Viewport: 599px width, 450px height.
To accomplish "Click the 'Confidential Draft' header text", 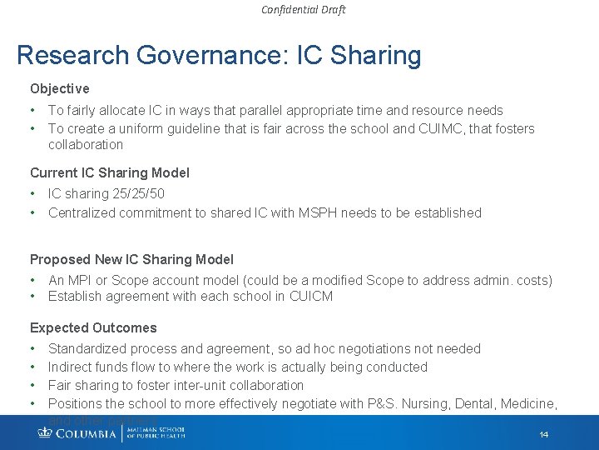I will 303,10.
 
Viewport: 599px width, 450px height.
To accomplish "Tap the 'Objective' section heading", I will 59,88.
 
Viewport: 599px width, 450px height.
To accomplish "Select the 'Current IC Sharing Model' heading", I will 110,172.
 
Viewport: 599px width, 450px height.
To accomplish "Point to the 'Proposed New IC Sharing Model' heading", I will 131,259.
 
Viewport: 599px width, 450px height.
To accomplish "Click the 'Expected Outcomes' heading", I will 93,327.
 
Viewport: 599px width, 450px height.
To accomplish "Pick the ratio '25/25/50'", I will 137,193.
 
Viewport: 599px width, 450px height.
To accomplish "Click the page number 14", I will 543,435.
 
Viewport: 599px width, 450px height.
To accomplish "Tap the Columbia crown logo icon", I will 45,432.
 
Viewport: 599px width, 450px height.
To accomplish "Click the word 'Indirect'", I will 71,367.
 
